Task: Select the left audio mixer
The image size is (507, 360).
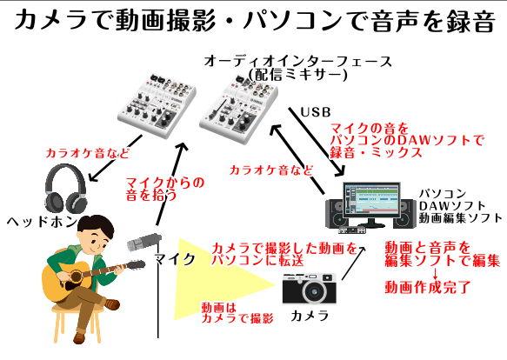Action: (x=157, y=105)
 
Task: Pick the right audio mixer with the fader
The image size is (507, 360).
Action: (x=238, y=110)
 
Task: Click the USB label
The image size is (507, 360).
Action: (x=316, y=112)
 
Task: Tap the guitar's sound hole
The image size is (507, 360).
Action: (x=76, y=277)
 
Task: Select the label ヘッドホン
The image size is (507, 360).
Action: (x=42, y=222)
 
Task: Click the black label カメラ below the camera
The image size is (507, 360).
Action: (x=310, y=316)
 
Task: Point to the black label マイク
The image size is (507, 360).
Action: (x=175, y=259)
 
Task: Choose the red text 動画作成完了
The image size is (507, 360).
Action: (x=428, y=287)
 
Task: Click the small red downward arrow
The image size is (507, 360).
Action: (x=435, y=273)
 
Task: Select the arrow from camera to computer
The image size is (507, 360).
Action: (x=353, y=263)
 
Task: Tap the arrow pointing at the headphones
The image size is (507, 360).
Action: (x=115, y=158)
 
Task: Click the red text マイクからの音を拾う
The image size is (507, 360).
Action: (x=165, y=189)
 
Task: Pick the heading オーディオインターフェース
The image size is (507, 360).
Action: (x=297, y=61)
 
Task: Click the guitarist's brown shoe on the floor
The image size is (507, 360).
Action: (x=79, y=337)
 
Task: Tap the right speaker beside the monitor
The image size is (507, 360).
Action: (x=406, y=213)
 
